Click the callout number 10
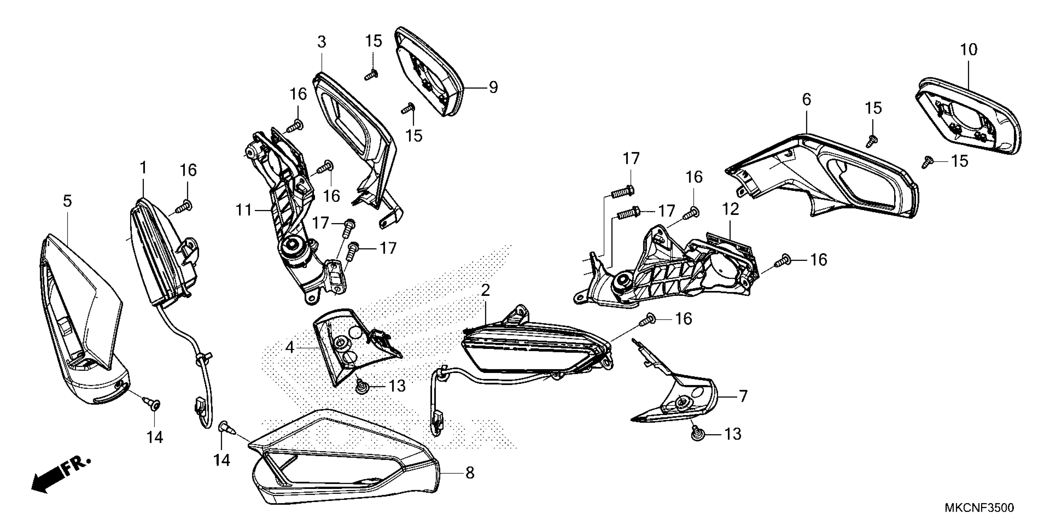[968, 50]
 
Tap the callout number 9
[493, 87]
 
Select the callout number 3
[321, 42]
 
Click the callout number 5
[67, 201]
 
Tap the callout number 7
[743, 396]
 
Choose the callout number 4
[290, 348]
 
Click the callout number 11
[244, 210]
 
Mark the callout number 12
[730, 209]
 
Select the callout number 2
[485, 290]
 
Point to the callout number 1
[143, 167]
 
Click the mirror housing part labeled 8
[346, 469]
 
